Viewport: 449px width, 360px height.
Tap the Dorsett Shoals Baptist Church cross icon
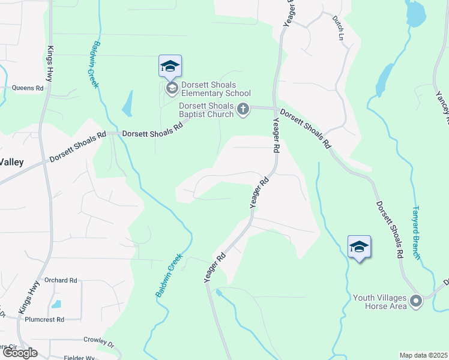(243, 109)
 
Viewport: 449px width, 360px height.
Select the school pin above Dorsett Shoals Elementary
(170, 66)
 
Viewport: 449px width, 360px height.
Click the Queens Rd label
(28, 88)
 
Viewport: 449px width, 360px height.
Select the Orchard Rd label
(61, 280)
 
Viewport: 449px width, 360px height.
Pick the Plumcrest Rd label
(44, 320)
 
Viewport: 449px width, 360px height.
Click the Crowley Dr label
(98, 341)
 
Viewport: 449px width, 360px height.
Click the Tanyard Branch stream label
(415, 233)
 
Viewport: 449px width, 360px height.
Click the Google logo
(19, 352)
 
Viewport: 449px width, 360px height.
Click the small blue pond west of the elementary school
(127, 104)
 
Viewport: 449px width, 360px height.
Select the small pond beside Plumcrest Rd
(56, 304)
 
